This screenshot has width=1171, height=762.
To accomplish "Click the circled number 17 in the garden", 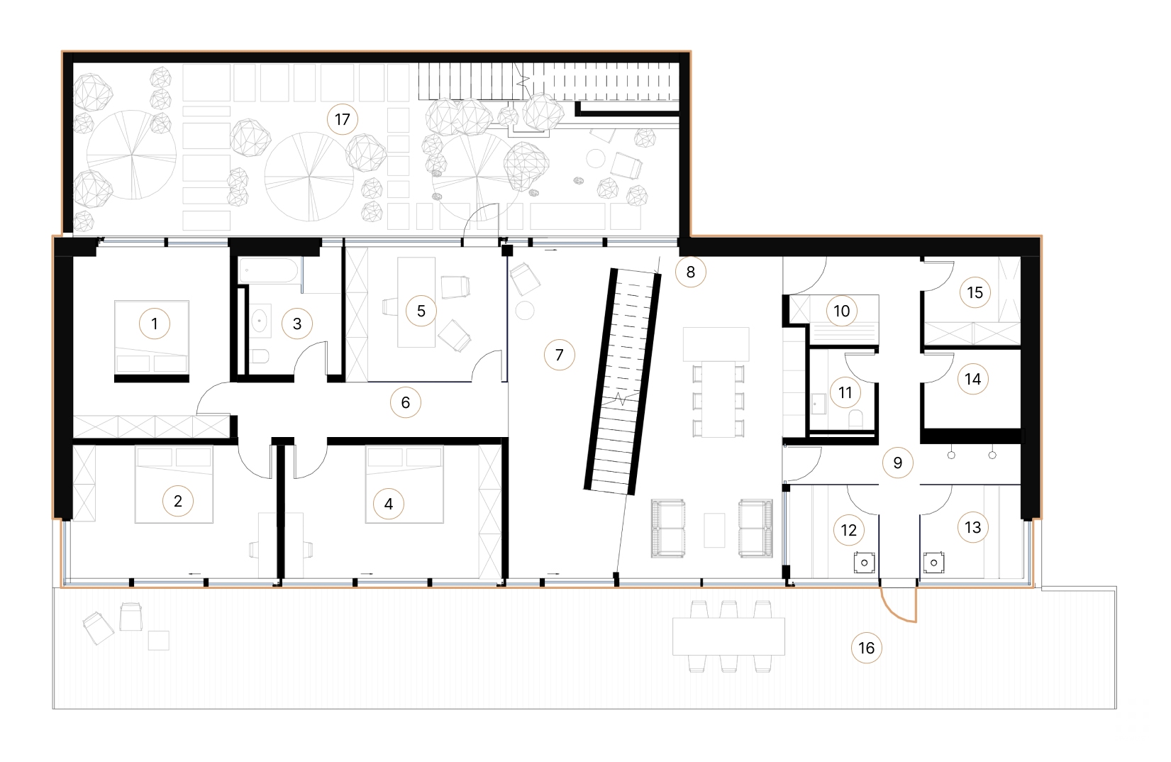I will (x=342, y=119).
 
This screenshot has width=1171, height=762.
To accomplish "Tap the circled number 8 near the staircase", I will (x=690, y=271).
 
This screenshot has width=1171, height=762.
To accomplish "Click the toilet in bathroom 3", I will (x=260, y=357).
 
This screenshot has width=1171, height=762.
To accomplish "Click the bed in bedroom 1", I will (x=152, y=341).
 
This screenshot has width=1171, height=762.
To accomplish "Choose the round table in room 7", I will (x=525, y=310).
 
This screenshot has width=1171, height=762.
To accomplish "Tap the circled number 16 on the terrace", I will (x=866, y=647).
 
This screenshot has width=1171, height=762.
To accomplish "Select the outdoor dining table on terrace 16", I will (x=728, y=636).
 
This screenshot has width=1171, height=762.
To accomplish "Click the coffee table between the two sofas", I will (x=714, y=529).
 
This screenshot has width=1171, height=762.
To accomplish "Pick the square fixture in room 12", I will (x=863, y=563).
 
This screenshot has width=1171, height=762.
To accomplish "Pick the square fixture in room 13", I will (x=934, y=563).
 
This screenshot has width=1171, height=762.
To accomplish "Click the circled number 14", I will (x=972, y=379).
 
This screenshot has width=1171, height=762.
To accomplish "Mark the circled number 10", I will (x=841, y=311).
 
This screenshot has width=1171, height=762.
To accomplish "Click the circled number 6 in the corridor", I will (x=405, y=402).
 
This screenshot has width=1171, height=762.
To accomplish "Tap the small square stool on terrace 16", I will (x=159, y=640).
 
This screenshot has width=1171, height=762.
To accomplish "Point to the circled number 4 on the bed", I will (x=388, y=504).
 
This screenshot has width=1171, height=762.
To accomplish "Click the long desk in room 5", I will (x=416, y=302).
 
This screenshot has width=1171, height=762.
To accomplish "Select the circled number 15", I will (x=975, y=292).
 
